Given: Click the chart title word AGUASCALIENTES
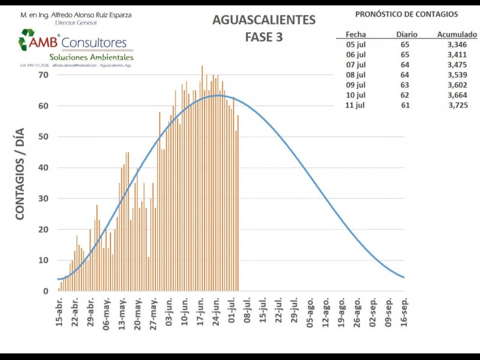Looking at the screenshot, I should click(263, 20).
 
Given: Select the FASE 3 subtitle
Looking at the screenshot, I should click(264, 37).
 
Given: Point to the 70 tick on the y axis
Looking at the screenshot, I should click(43, 75).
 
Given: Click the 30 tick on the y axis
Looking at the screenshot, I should click(43, 199).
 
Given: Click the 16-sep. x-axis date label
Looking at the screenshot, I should click(404, 311).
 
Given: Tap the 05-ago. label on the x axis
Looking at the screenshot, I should click(310, 311).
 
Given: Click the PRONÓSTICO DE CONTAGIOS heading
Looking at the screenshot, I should click(406, 14).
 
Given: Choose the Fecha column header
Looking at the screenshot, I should click(356, 35).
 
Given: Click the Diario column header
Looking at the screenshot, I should click(407, 35).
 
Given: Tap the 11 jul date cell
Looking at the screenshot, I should click(356, 105).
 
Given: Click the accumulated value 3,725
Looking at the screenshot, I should click(458, 105).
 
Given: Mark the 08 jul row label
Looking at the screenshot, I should click(356, 74).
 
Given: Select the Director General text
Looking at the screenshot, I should click(75, 22).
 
